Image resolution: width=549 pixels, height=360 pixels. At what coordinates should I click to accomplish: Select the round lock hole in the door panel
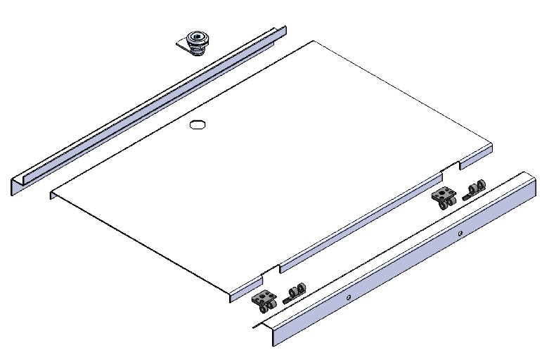[x=198, y=124]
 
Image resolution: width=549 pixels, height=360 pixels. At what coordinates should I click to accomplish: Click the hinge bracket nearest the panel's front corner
[x=265, y=301]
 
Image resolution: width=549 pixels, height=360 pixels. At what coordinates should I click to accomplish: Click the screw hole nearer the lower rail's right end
[x=459, y=231]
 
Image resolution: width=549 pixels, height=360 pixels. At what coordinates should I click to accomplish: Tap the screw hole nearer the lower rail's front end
[x=347, y=297]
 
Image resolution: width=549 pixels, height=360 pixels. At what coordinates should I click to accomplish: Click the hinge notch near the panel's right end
[x=450, y=167]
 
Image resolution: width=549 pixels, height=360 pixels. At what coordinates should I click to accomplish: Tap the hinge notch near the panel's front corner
[x=270, y=269]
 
